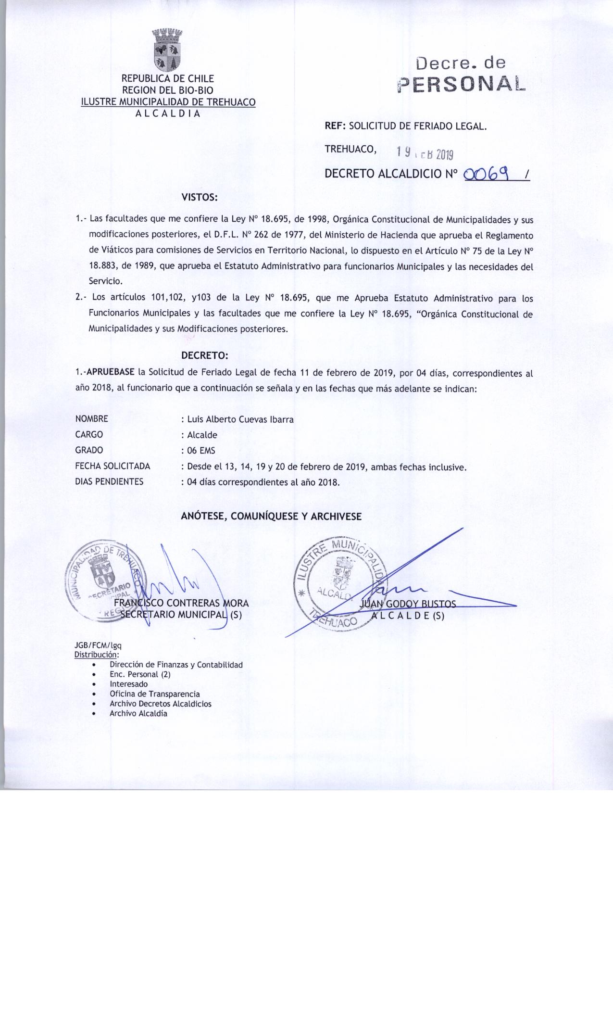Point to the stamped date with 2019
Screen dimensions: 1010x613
coord(425,153)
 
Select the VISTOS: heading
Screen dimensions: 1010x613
coord(200,197)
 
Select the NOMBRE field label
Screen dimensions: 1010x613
coord(92,419)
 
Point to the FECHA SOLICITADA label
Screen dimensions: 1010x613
coord(113,466)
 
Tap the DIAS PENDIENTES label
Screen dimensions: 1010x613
coord(110,481)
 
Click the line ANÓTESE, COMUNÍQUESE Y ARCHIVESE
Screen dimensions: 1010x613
coord(271,516)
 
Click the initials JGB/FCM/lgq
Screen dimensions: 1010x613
coord(94,646)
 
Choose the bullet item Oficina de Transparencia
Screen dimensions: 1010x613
coord(155,694)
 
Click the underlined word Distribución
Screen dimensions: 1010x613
coord(96,655)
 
